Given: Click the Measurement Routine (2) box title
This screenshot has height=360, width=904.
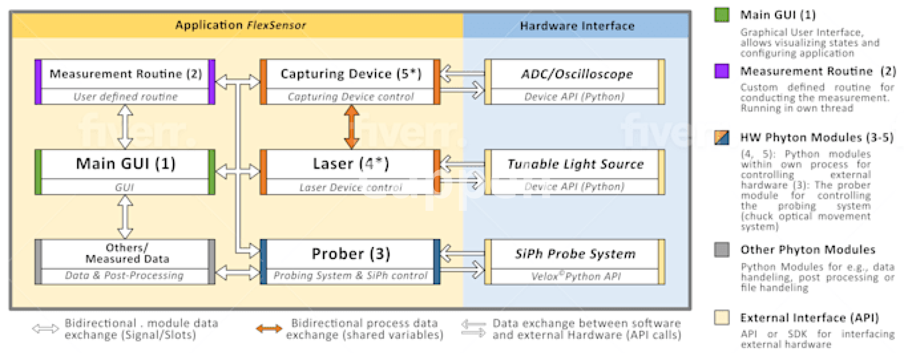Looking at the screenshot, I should [x=125, y=74].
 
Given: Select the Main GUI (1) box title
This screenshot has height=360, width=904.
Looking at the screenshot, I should [x=125, y=164].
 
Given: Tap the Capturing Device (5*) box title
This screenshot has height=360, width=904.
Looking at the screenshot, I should [x=351, y=74].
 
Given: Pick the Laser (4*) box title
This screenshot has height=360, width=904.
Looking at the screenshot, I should [x=351, y=164].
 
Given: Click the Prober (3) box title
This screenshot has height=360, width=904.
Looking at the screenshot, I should [x=351, y=254].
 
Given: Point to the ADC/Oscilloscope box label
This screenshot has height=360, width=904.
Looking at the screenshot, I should [x=576, y=74].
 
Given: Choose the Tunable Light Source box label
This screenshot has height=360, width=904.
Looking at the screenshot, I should [x=575, y=164].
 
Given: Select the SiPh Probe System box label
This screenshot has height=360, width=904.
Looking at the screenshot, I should [x=575, y=254].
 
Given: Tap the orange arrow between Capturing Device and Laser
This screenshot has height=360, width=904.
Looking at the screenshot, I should [x=351, y=127].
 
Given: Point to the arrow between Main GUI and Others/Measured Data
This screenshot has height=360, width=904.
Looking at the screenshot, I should [x=125, y=217].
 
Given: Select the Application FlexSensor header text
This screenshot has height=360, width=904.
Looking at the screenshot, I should [x=240, y=25].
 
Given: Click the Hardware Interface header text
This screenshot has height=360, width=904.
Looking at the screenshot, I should [x=577, y=25].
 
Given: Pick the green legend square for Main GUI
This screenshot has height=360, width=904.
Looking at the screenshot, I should [x=721, y=15].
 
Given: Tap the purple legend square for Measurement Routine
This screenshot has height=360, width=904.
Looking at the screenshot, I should [x=721, y=71].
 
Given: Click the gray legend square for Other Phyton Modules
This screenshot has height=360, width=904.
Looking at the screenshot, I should [x=721, y=249].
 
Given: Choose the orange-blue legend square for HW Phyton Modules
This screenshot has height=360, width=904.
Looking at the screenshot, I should [x=721, y=137].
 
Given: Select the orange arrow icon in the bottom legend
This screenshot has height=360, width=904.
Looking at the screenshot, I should [x=269, y=328].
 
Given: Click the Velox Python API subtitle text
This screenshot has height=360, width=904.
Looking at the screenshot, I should [x=575, y=276].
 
